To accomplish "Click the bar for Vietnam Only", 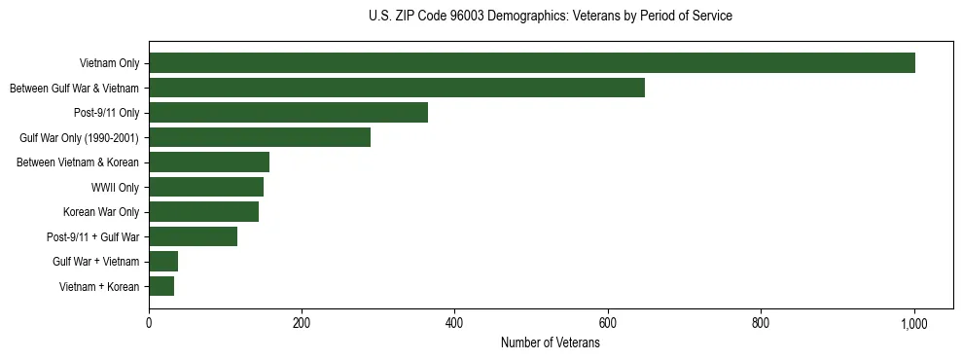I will (532, 63).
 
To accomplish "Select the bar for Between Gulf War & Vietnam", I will (397, 88).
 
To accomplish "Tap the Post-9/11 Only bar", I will (288, 113).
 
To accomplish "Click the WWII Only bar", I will (206, 187).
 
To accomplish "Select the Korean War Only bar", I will (203, 211).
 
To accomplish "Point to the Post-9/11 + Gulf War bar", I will (193, 236).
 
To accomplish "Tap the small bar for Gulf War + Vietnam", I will (163, 261).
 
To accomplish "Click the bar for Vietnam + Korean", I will (161, 286).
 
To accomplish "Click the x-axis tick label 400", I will (455, 323).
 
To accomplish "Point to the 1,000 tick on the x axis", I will (914, 323).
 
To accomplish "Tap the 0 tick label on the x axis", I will (149, 323).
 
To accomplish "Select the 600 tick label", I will (608, 323).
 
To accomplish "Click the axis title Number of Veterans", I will (551, 343).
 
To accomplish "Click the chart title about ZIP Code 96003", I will (551, 16).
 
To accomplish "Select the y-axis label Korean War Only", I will (101, 211).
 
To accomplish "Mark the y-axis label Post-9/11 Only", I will (106, 113).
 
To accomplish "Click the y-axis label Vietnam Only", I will (109, 63).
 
